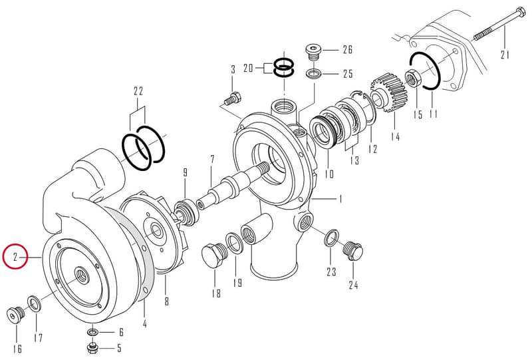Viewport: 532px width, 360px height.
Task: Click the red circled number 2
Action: coord(15,256)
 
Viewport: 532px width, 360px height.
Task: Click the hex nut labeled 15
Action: coord(414,78)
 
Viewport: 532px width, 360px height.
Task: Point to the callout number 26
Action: coord(347,50)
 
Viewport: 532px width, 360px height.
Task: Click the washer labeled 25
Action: coord(314,73)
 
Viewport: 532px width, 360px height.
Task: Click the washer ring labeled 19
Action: coord(233,242)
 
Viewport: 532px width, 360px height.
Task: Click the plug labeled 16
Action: coord(16,315)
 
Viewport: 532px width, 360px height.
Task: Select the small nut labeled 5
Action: coord(92,347)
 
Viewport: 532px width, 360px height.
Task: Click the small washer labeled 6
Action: coord(92,331)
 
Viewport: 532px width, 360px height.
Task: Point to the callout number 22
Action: coord(138,91)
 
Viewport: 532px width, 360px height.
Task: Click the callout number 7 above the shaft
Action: coord(212,159)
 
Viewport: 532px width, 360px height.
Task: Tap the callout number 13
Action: coord(354,160)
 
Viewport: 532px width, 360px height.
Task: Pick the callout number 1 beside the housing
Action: coord(340,199)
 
